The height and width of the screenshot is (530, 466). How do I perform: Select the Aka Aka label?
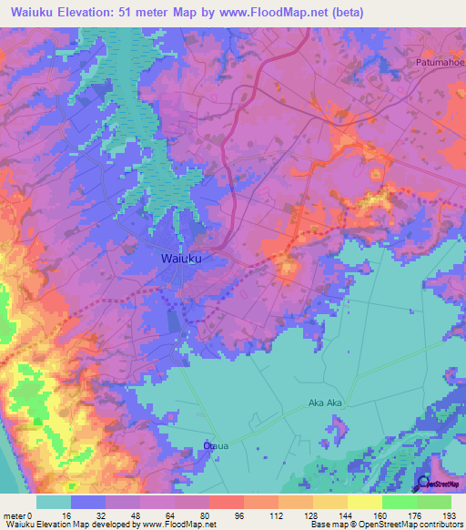[x=325, y=403]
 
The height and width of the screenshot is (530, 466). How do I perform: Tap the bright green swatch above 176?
[x=399, y=502]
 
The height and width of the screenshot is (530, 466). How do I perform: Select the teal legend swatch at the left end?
[x=54, y=502]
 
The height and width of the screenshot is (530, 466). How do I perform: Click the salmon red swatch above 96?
[x=226, y=502]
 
